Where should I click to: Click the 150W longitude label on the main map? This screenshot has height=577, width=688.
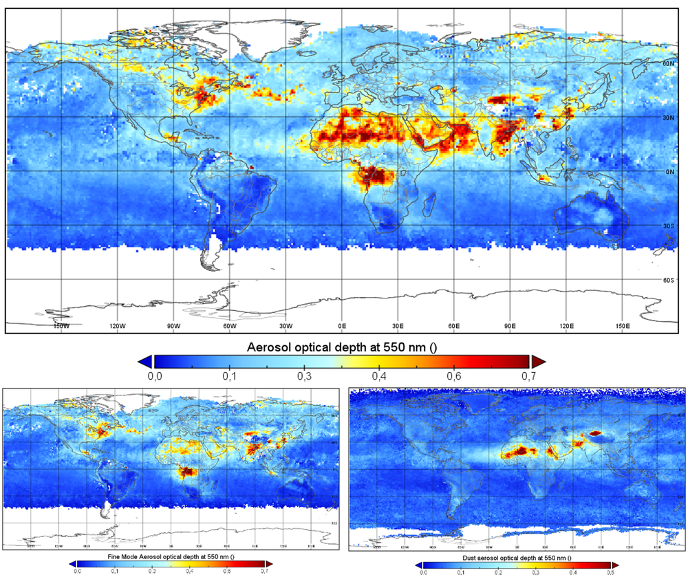pyautogui.click(x=61, y=326)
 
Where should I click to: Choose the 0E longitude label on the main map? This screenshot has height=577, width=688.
pyautogui.click(x=342, y=326)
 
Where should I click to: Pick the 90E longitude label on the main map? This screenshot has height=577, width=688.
pyautogui.click(x=510, y=326)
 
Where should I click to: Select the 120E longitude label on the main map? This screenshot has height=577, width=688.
pyautogui.click(x=566, y=326)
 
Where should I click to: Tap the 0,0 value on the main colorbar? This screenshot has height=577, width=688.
pyautogui.click(x=155, y=376)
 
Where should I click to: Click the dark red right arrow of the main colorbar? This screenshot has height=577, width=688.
pyautogui.click(x=538, y=361)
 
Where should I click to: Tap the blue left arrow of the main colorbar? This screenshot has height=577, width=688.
pyautogui.click(x=144, y=361)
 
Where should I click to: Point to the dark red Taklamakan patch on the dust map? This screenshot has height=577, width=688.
pyautogui.click(x=594, y=433)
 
